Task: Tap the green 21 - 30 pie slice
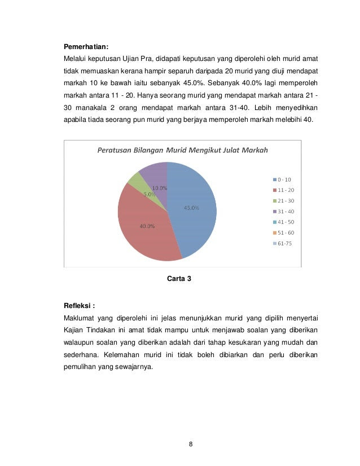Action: coord(135,181)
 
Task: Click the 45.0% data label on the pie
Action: coord(191,208)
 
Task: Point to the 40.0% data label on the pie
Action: coord(148,227)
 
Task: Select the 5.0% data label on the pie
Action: coord(150,194)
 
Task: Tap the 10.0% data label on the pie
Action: coord(160,188)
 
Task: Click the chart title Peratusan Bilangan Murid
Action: coord(183,150)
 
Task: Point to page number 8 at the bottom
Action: coord(191,444)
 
